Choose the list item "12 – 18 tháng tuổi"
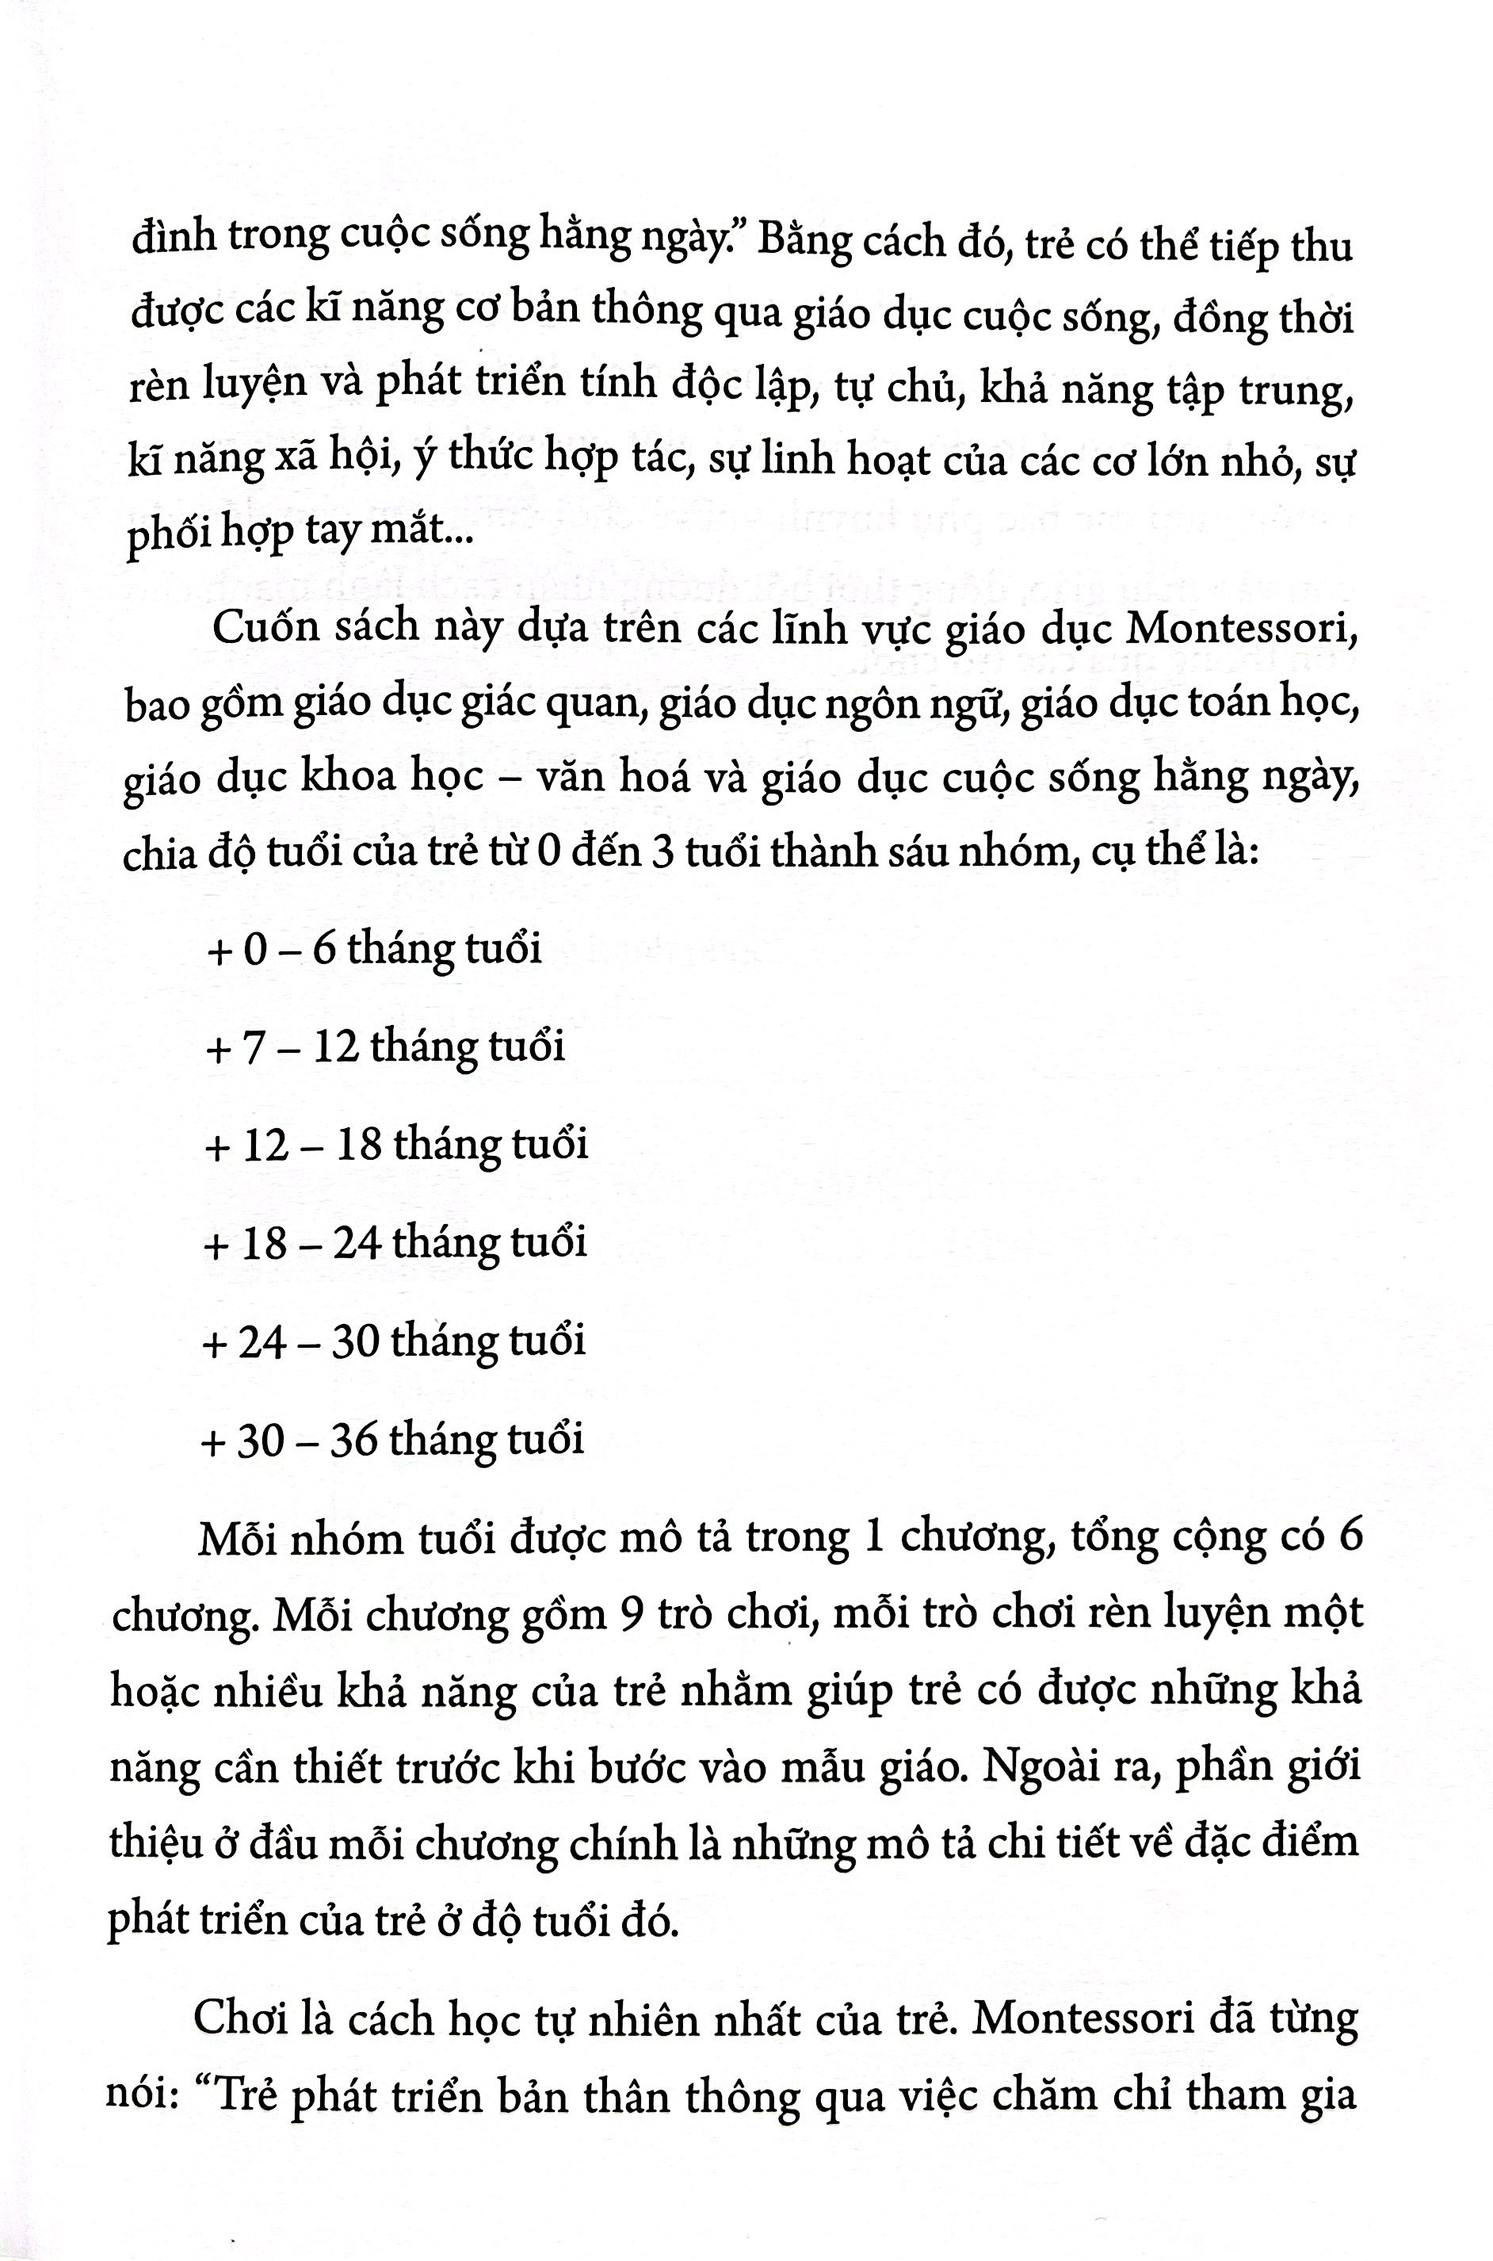[397, 1145]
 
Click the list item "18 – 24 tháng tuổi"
[395, 1243]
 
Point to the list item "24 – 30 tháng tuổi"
[394, 1341]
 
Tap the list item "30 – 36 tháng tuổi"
[392, 1438]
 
